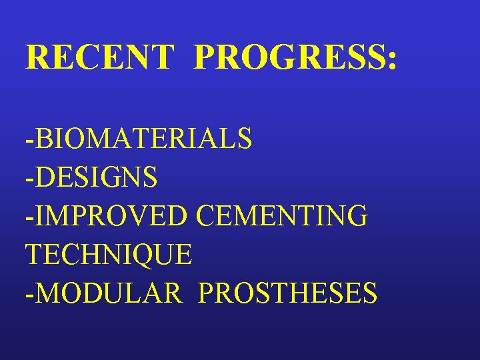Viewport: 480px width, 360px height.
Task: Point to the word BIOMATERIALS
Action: click(x=143, y=139)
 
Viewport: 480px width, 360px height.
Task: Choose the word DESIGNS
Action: click(x=96, y=177)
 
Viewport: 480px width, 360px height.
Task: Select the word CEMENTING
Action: click(x=282, y=216)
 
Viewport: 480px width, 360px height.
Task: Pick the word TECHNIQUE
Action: click(x=109, y=254)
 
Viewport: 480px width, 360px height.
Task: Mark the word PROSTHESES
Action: click(x=287, y=293)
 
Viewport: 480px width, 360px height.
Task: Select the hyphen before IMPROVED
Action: click(x=29, y=219)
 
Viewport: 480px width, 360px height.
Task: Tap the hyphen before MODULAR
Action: click(x=29, y=295)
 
